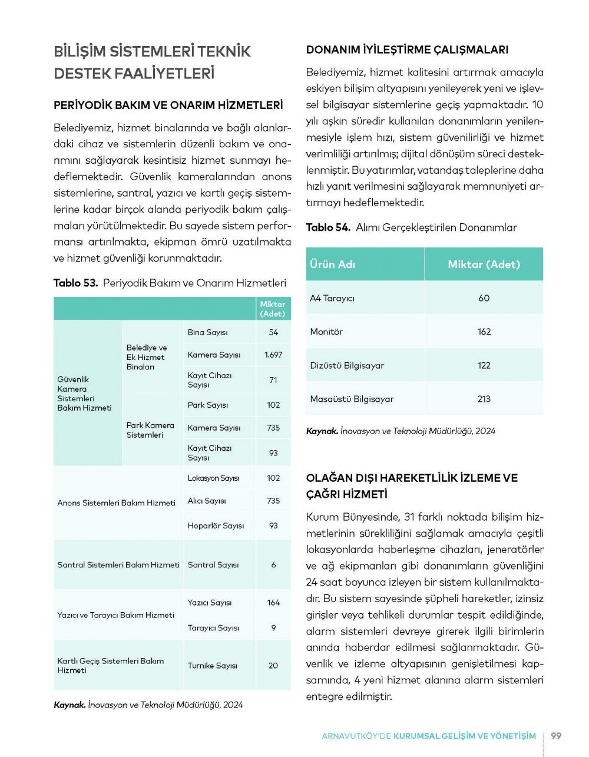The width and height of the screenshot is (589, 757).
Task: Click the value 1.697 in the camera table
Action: pyautogui.click(x=273, y=355)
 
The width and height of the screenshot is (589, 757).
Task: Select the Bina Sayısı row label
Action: pyautogui.click(x=207, y=332)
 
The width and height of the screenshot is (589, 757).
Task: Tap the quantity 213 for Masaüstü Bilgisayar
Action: pyautogui.click(x=484, y=399)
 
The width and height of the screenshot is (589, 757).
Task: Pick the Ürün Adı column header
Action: pyautogui.click(x=333, y=265)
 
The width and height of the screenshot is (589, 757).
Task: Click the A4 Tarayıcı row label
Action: pyautogui.click(x=332, y=298)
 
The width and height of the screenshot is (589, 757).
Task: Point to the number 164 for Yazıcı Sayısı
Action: pyautogui.click(x=273, y=603)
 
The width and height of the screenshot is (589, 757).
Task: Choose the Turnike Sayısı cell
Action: pyautogui.click(x=212, y=666)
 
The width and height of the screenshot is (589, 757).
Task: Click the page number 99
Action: pyautogui.click(x=556, y=736)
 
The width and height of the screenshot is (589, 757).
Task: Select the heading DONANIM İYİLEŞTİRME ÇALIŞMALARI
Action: pyautogui.click(x=407, y=50)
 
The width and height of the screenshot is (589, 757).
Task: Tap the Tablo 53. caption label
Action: pyautogui.click(x=75, y=283)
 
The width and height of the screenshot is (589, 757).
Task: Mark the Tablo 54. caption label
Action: pyautogui.click(x=328, y=227)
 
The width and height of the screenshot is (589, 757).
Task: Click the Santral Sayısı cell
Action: pyautogui.click(x=213, y=565)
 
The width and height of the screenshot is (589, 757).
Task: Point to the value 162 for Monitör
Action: pyautogui.click(x=484, y=332)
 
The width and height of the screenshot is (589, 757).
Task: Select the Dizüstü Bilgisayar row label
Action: pyautogui.click(x=347, y=365)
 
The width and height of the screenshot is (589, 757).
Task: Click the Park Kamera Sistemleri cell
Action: pyautogui.click(x=150, y=430)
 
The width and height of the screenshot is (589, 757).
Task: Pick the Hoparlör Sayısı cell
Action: pyautogui.click(x=216, y=525)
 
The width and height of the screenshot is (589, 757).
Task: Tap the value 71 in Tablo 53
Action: pyautogui.click(x=273, y=380)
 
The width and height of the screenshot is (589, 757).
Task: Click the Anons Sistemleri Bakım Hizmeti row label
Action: pyautogui.click(x=116, y=503)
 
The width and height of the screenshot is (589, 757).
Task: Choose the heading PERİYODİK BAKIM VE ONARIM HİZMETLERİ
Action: pyautogui.click(x=168, y=105)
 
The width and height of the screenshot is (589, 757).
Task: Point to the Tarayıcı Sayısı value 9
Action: pyautogui.click(x=273, y=628)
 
